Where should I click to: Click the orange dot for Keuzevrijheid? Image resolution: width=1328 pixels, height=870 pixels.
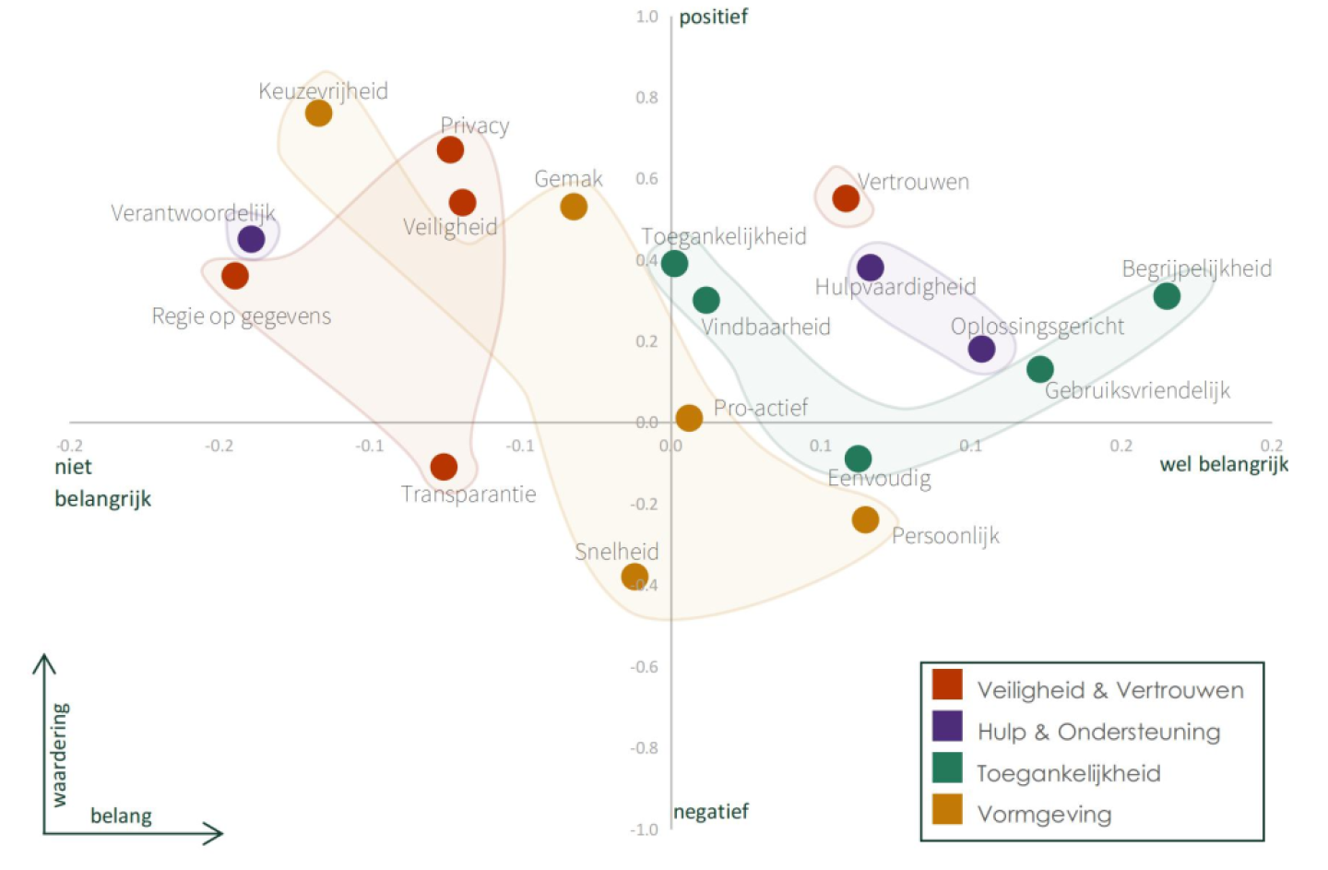[x=318, y=113]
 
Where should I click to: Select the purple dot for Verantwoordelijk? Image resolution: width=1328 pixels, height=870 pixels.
[x=251, y=239]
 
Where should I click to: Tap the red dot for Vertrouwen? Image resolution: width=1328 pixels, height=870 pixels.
[x=846, y=197]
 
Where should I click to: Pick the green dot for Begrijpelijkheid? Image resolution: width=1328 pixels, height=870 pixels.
[x=1167, y=296]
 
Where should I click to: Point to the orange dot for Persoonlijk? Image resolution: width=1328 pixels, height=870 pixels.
[x=865, y=519]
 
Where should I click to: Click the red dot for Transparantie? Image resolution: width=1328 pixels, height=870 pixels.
[x=444, y=467]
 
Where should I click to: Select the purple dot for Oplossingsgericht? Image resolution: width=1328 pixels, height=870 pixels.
[x=981, y=349]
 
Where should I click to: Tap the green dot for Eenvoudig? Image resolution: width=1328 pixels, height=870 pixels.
[x=858, y=459]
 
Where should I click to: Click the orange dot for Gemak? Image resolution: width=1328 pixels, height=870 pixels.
[x=574, y=207]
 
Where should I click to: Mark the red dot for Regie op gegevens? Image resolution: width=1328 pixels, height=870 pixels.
[x=235, y=275]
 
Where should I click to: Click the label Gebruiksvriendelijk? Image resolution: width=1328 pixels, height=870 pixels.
[x=1137, y=390]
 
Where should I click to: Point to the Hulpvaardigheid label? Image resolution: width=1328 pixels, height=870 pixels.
[x=895, y=287]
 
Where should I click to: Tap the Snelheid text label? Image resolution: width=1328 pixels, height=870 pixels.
[x=616, y=552]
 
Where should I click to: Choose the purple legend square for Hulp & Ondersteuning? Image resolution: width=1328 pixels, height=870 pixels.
[x=947, y=726]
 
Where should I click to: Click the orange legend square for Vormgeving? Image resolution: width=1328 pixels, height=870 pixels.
[x=947, y=809]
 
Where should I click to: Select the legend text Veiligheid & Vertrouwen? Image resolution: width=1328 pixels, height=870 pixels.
[x=1110, y=690]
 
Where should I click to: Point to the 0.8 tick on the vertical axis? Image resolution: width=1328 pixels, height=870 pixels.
[x=646, y=98]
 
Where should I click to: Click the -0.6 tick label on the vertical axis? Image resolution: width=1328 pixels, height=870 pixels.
[x=644, y=667]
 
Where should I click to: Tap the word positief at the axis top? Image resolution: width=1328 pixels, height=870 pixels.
[x=713, y=17]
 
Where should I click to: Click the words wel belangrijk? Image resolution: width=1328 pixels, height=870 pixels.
[x=1224, y=464]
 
